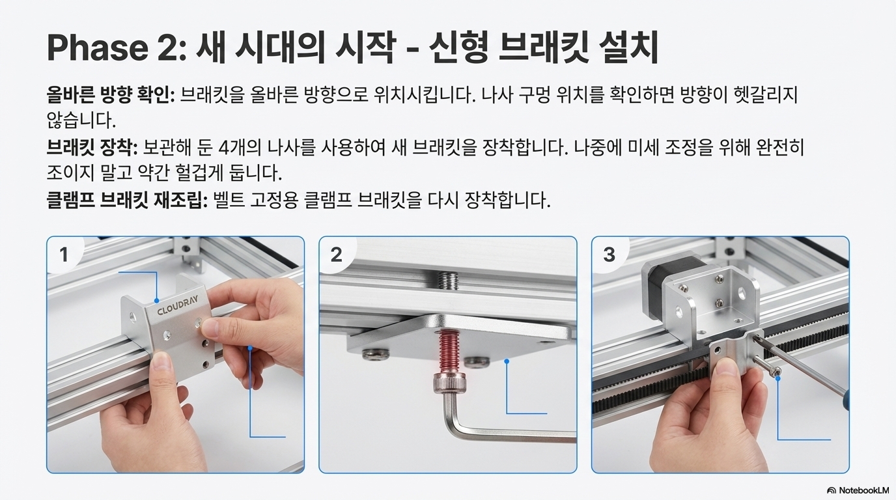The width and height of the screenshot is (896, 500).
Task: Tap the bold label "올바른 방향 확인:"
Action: click(111, 95)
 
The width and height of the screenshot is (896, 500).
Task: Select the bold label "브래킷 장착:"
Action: click(92, 147)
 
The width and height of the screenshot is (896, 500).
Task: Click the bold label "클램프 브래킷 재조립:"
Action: click(127, 200)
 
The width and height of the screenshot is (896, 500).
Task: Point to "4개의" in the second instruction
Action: click(240, 147)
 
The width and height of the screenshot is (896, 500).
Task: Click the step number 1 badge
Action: click(64, 255)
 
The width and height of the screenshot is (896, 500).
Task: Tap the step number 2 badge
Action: click(336, 255)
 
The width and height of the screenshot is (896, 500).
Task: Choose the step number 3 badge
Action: click(609, 255)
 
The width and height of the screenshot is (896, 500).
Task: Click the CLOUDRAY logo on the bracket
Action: click(177, 307)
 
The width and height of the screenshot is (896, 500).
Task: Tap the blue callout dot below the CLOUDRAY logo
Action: click(156, 300)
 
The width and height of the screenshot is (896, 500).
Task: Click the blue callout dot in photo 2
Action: click(507, 361)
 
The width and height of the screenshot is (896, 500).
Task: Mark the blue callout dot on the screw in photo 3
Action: click(778, 379)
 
